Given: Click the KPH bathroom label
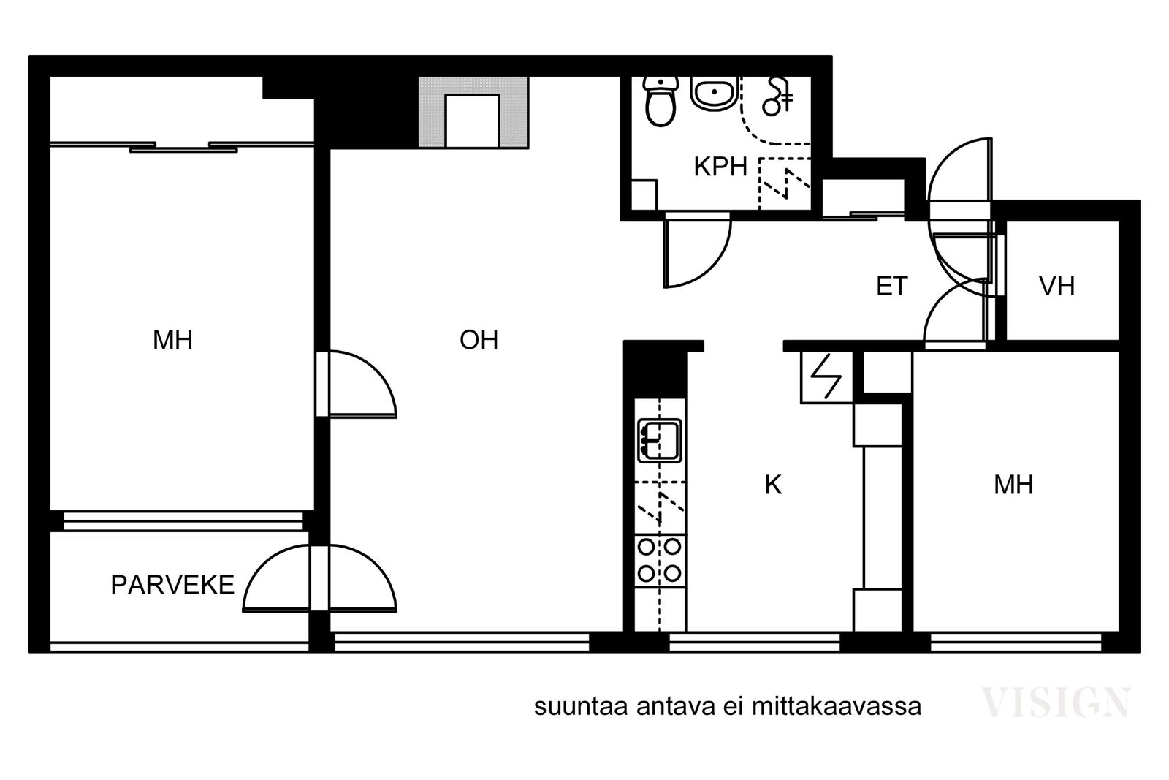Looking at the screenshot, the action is [x=720, y=167].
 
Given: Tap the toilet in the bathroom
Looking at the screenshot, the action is [x=660, y=101].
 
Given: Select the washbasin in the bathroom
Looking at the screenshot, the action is [x=715, y=94].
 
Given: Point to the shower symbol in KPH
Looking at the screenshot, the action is [x=777, y=97].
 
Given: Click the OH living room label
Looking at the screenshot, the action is [x=479, y=340].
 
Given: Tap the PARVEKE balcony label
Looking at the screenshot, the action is [x=172, y=585].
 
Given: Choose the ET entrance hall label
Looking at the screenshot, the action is [x=892, y=286].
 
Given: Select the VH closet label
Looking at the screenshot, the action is [x=1056, y=286].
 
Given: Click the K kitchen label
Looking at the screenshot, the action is [x=773, y=485].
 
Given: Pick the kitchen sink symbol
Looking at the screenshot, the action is [x=660, y=441].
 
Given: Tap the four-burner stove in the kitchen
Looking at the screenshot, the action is [x=660, y=561].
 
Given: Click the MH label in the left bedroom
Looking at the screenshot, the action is [x=172, y=340].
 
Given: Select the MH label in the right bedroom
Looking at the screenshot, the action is [x=1013, y=485].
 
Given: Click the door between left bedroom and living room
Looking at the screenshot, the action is [x=357, y=385].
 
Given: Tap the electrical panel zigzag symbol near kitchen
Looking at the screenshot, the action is [x=826, y=376].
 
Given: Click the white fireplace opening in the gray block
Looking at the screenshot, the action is [x=472, y=121].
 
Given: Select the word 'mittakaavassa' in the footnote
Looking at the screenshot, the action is [x=836, y=708].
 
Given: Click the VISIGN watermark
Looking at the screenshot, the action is [x=1056, y=703].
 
